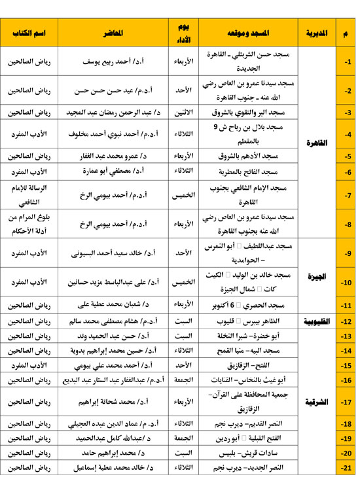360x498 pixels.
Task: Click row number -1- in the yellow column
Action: [347, 62]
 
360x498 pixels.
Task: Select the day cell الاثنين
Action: [185, 113]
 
